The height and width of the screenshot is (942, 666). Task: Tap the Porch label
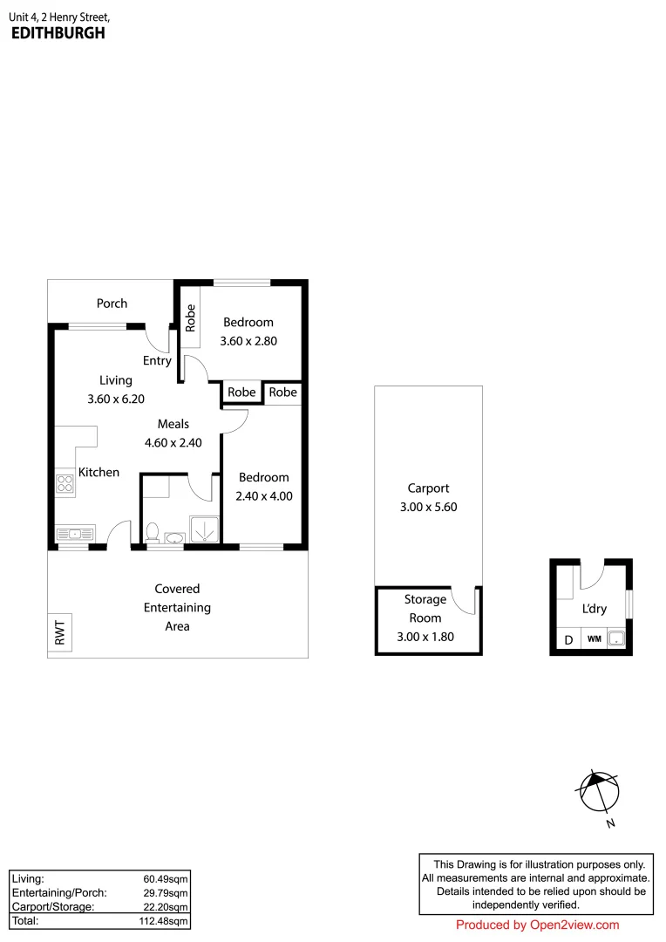coord(112,304)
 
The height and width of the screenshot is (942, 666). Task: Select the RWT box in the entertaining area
coord(60,632)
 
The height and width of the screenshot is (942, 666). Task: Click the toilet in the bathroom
coord(153,532)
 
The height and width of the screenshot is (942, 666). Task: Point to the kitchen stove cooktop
coord(65,484)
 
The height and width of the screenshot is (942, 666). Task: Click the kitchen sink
coord(74,533)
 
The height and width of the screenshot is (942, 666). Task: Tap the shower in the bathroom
coord(204,527)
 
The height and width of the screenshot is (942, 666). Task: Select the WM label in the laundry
coord(594,639)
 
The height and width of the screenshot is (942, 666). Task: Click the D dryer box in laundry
coord(568,639)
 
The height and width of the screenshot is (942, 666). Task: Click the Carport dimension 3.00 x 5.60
coord(428,506)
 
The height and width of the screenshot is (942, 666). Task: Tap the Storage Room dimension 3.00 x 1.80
coord(425,637)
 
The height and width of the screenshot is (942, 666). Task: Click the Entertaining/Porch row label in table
coord(59,892)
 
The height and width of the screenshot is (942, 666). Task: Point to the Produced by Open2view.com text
coord(537,925)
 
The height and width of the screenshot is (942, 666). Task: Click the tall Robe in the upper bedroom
coord(190,318)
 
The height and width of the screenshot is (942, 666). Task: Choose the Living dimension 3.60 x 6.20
coord(115,399)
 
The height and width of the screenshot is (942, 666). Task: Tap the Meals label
coord(173,424)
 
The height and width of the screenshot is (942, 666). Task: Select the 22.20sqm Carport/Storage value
coord(166,907)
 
